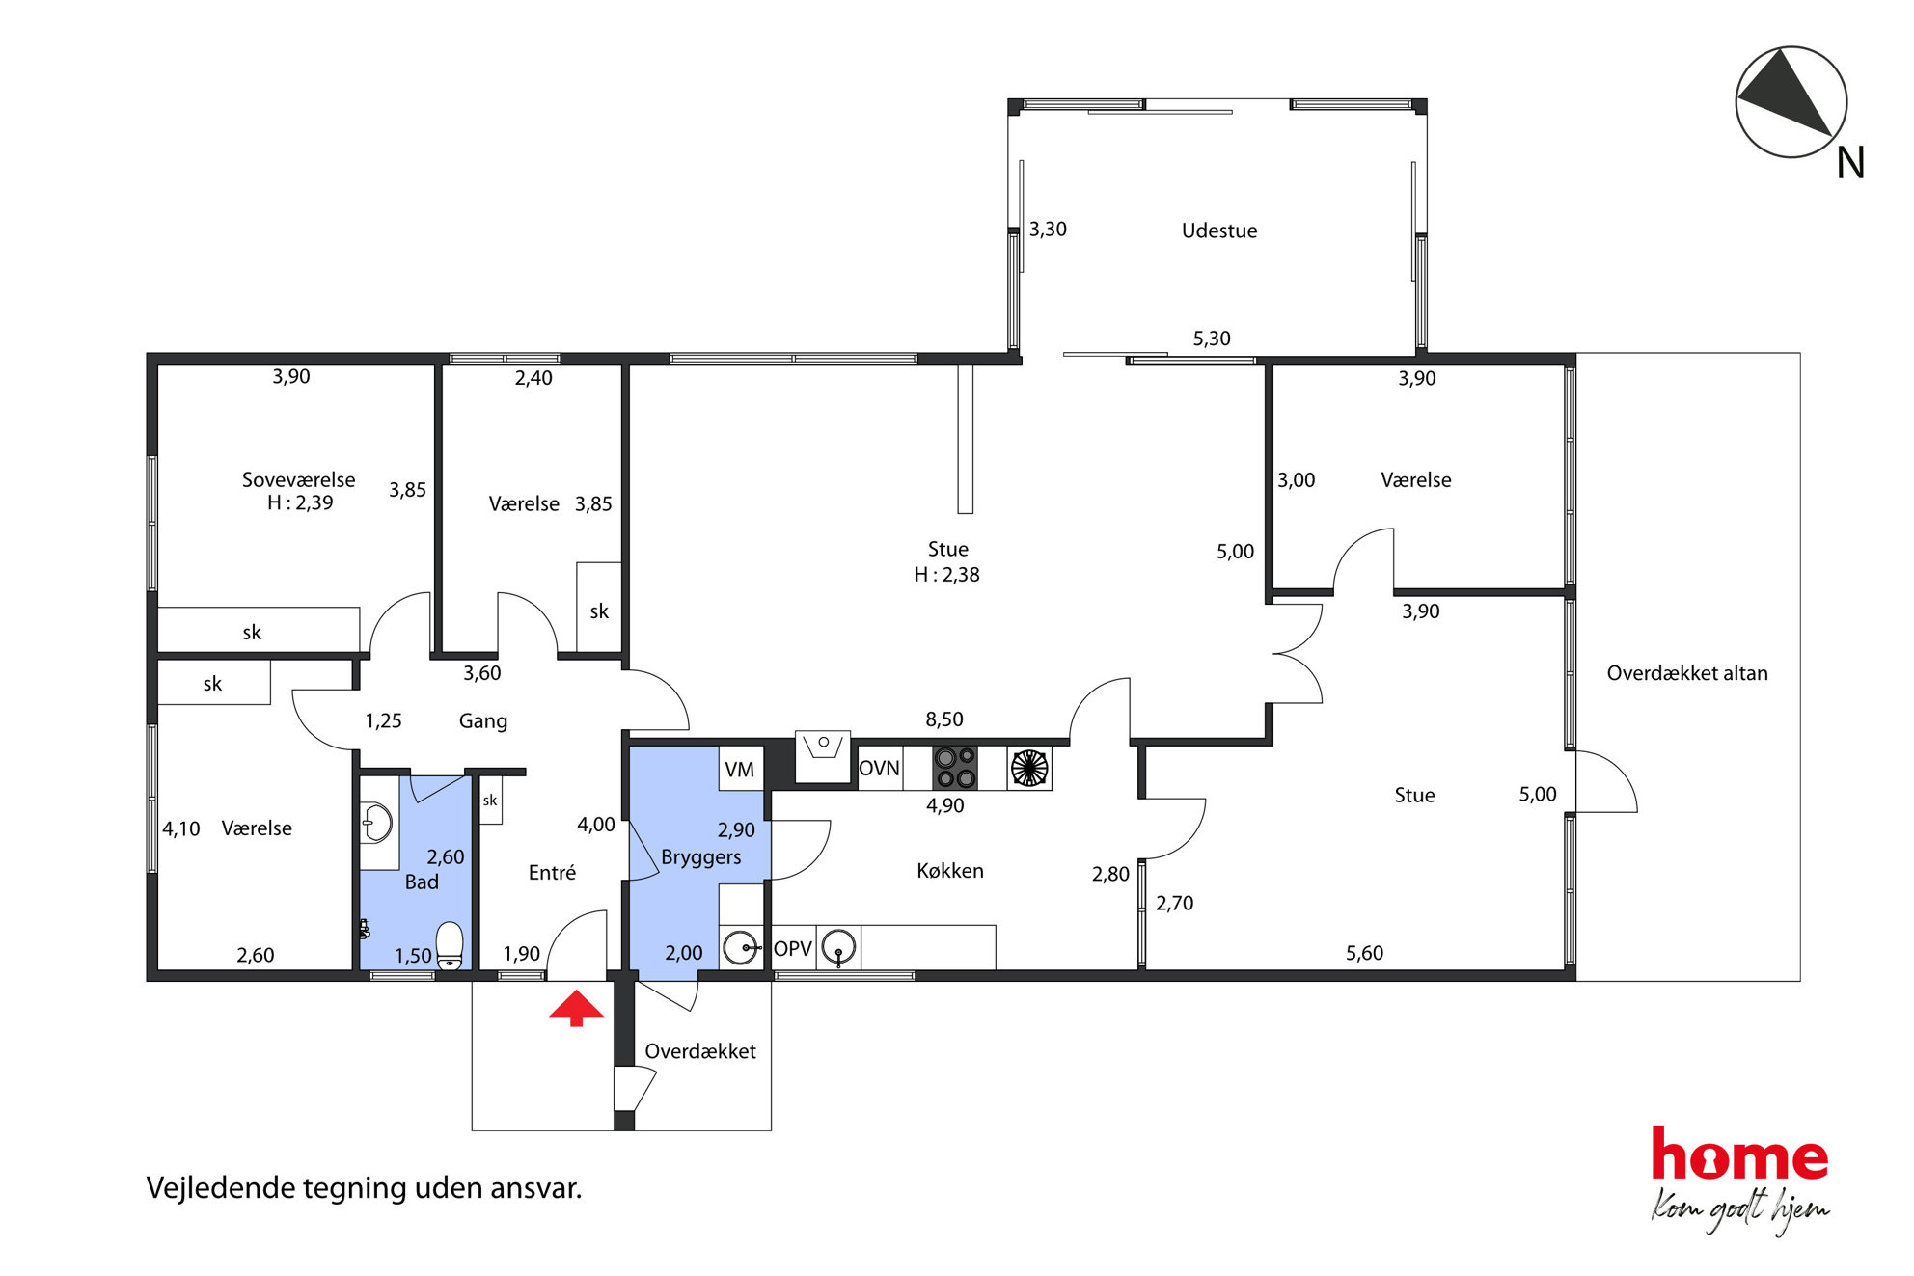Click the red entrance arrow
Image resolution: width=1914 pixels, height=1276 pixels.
(x=576, y=1009)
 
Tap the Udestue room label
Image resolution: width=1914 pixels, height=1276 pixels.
(x=1219, y=231)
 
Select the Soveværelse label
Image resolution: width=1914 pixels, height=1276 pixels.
(x=298, y=479)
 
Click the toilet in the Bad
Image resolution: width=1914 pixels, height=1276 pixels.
(x=450, y=946)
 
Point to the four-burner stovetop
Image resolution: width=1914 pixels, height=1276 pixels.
(x=955, y=769)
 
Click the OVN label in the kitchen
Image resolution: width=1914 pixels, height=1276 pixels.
(x=879, y=769)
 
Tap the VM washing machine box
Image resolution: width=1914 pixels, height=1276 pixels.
(x=740, y=770)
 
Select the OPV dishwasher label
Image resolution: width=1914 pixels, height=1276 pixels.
(x=793, y=948)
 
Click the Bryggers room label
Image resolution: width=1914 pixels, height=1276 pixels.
(x=701, y=857)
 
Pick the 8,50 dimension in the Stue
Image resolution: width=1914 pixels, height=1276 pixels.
(x=944, y=719)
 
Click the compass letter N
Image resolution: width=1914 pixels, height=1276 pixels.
(x=1850, y=163)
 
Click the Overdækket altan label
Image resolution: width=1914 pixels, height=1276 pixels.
(x=1687, y=673)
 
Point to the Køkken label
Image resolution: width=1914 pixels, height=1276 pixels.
(x=950, y=871)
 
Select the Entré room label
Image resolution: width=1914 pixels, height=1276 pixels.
(x=552, y=873)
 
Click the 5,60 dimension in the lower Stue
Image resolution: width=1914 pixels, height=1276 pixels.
(x=1364, y=953)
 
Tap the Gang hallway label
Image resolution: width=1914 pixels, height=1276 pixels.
(x=482, y=721)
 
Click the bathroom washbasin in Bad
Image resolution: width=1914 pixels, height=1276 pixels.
(x=376, y=824)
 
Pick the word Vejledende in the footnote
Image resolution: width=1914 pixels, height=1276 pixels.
(x=221, y=1188)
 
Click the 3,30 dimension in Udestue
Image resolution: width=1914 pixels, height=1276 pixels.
(x=1048, y=230)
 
